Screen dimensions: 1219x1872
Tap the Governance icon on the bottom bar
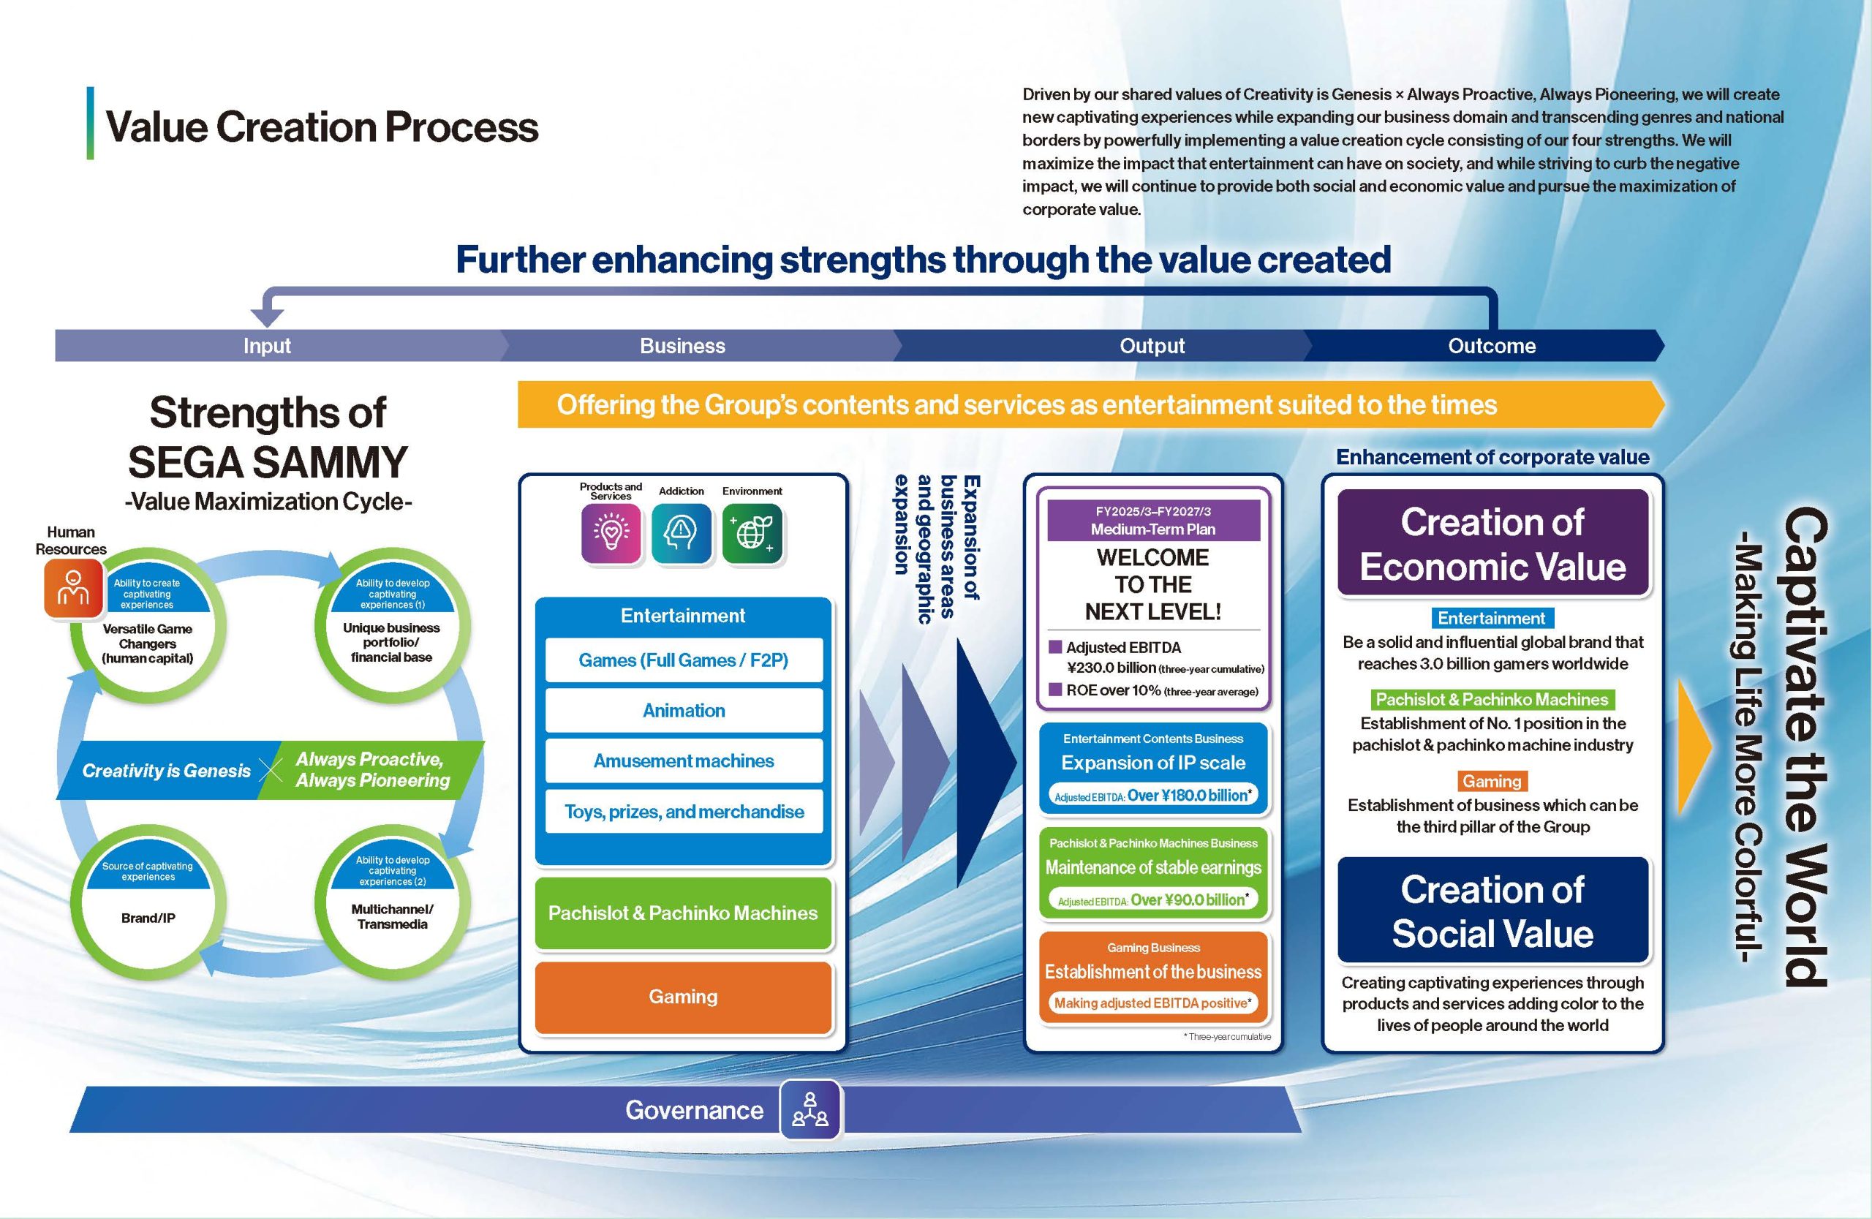tap(810, 1109)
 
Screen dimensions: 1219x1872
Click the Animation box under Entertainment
tap(684, 710)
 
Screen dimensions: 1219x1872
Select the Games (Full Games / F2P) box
tap(684, 660)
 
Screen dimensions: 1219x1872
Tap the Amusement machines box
tap(684, 761)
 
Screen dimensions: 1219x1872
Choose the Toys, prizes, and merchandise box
tap(684, 812)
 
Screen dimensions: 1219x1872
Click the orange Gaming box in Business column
tap(683, 997)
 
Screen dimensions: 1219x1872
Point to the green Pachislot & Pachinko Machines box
tap(683, 913)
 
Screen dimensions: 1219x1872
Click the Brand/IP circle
tap(148, 913)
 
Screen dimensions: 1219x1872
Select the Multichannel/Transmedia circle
tap(392, 913)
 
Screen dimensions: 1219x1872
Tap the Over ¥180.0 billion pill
tap(1152, 796)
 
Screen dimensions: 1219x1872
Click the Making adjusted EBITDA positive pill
tap(1152, 1003)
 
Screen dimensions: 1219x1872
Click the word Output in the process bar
tap(1152, 346)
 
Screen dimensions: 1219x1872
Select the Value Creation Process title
tap(322, 127)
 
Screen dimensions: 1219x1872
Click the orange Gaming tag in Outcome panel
tap(1491, 781)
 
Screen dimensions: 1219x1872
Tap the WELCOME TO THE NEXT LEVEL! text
tap(1152, 584)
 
